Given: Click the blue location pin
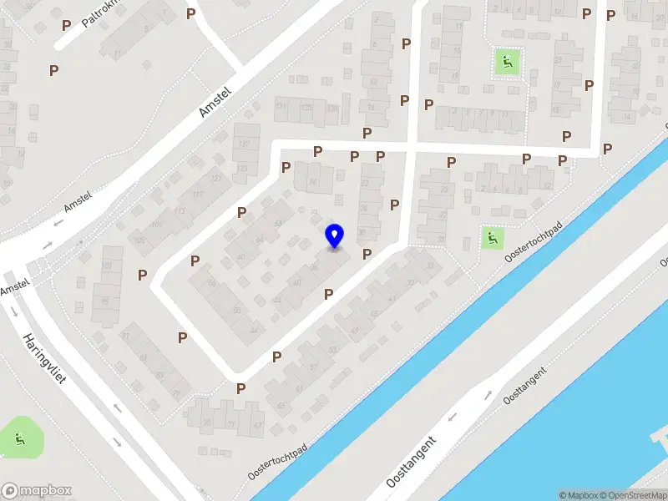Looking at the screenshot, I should pyautogui.click(x=334, y=236).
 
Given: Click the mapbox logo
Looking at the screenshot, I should pyautogui.click(x=36, y=490).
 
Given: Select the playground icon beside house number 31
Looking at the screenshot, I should pyautogui.click(x=493, y=238).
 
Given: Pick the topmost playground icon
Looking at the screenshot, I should pyautogui.click(x=507, y=61).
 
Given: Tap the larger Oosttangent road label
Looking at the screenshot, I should pyautogui.click(x=412, y=463).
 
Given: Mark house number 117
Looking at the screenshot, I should pyautogui.click(x=198, y=195).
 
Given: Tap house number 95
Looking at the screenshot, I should pyautogui.click(x=105, y=301).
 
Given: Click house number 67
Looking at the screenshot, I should pyautogui.click(x=258, y=427).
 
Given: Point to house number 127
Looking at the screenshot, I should pyautogui.click(x=245, y=144).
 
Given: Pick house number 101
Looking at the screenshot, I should pyautogui.click(x=107, y=266).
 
